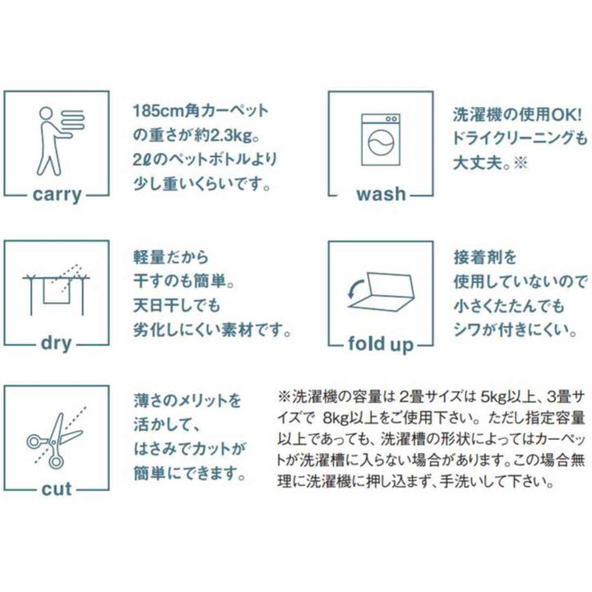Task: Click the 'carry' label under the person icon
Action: coord(57,195)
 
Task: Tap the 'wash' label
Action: coord(382,194)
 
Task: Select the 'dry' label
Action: coord(56,344)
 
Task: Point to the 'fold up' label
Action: coord(381,344)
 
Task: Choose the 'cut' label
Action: coord(57,489)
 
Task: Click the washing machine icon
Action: coord(381,140)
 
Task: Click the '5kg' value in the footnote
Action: coord(493,396)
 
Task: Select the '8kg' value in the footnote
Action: coord(335,418)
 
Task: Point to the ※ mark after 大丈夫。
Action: coord(520,163)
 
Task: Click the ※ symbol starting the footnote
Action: coord(284,396)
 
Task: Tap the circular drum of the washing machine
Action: coord(381,143)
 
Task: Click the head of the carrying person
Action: coord(46,113)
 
